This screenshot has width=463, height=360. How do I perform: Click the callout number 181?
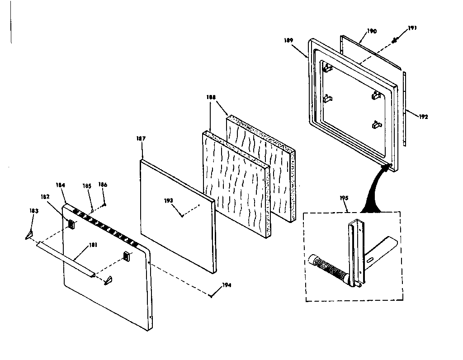[x=93, y=246]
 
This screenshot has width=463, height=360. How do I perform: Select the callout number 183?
[x=33, y=211]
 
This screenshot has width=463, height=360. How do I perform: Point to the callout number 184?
[x=61, y=185]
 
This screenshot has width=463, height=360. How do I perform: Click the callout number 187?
[x=141, y=138]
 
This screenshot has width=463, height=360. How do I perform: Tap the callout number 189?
[x=289, y=40]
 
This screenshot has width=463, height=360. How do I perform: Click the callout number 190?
[x=372, y=31]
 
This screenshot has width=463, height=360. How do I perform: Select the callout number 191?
[x=412, y=28]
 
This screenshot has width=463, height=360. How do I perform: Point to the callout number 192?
[x=423, y=116]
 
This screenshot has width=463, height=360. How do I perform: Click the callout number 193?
[x=169, y=201]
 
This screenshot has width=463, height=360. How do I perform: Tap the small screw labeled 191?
[x=394, y=40]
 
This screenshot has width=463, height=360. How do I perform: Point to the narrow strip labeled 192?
[x=404, y=109]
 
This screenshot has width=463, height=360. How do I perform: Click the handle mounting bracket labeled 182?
[x=71, y=223]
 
